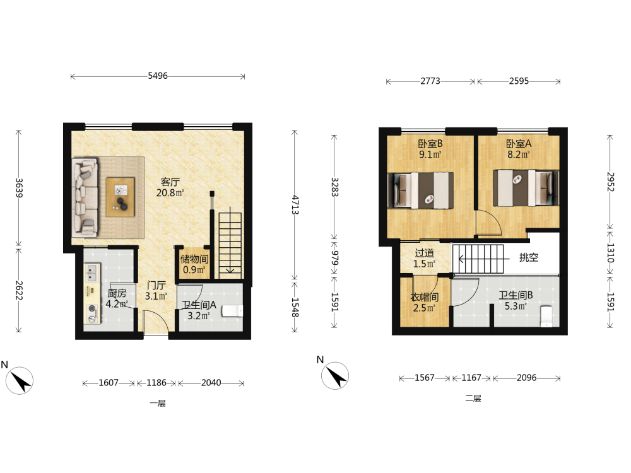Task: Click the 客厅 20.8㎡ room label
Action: (170, 187)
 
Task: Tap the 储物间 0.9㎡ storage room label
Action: (194, 264)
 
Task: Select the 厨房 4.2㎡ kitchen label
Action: (117, 298)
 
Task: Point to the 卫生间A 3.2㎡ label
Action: (199, 310)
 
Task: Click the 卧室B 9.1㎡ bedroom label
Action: (430, 149)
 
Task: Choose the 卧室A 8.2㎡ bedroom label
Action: (519, 149)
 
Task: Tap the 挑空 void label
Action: (528, 257)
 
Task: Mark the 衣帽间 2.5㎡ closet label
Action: (424, 303)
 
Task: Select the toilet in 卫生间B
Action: (546, 317)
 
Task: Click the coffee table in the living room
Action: (121, 197)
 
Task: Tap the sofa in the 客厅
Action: (85, 197)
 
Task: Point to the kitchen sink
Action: (92, 272)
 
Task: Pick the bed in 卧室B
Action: (420, 190)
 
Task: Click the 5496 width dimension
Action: (158, 76)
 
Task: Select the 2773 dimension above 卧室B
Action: (430, 81)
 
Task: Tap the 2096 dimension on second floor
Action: (527, 378)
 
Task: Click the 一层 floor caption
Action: (158, 404)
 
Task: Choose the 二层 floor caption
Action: (473, 399)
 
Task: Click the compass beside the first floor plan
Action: (20, 380)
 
